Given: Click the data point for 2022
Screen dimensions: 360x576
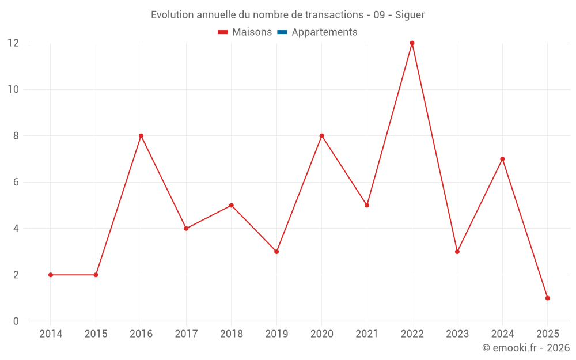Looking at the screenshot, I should [412, 43].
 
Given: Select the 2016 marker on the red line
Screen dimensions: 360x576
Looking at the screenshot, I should [141, 136].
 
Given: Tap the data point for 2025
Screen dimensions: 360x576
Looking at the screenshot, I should [547, 298].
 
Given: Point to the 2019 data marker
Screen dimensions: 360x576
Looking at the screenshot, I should [276, 252].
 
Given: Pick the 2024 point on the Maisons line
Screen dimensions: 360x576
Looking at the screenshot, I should [502, 159].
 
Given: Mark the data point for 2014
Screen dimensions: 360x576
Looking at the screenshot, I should [51, 275].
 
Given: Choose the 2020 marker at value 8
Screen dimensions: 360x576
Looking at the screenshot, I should [321, 136].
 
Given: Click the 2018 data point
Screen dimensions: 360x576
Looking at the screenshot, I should [231, 205].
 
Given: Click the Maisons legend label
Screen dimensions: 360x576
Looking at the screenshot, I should [252, 32].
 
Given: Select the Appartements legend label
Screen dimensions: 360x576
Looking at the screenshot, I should [324, 32].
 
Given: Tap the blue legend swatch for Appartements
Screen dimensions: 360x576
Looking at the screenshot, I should [282, 32].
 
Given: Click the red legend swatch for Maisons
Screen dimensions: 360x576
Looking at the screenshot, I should [223, 32].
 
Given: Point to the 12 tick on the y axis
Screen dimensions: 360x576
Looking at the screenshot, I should [13, 43].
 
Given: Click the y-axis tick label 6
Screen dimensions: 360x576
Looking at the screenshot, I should [16, 182].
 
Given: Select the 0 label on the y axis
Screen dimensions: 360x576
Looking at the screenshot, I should [16, 321].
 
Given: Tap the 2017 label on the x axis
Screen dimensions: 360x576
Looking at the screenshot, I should [186, 334].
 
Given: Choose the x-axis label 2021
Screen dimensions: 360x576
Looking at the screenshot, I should [367, 334].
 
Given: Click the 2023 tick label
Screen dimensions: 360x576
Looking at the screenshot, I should [457, 334].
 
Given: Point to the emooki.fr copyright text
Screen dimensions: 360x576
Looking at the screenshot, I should [525, 348].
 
